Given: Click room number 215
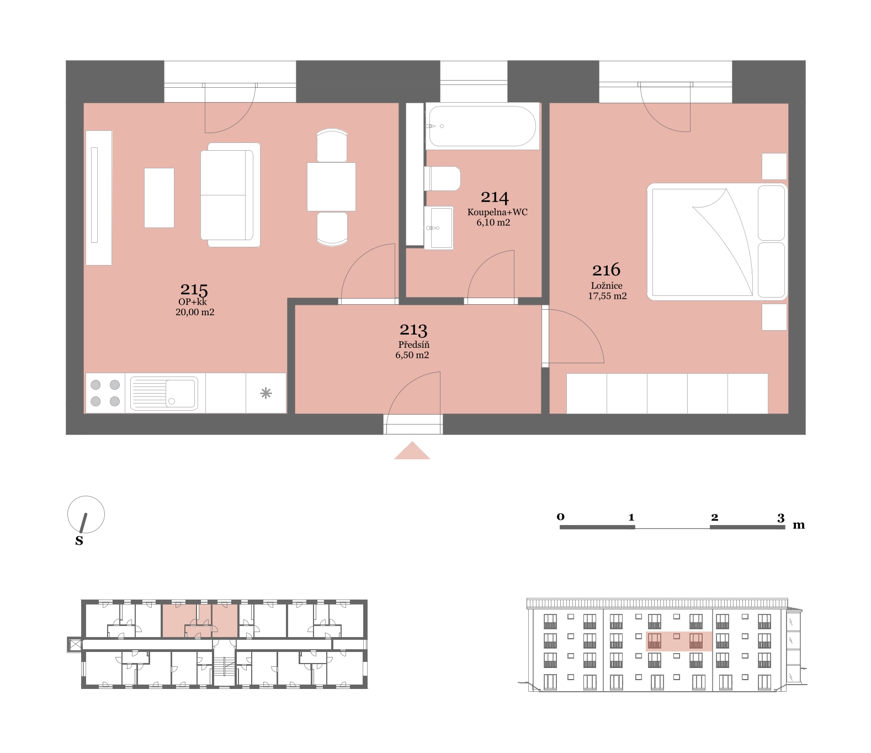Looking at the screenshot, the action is (x=194, y=289).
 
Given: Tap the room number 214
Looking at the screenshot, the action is (x=495, y=197).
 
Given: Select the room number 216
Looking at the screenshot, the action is (x=606, y=270).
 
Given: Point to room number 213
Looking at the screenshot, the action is (x=413, y=330).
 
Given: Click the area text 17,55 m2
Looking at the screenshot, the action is (x=607, y=296).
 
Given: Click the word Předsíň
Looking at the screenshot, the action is (x=414, y=344).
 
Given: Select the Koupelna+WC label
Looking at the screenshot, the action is (x=497, y=212).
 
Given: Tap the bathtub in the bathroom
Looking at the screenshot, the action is (x=482, y=126).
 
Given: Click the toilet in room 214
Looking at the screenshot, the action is (x=443, y=179).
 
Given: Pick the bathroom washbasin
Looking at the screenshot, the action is (x=439, y=228).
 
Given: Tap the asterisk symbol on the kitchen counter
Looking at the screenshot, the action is (x=266, y=393).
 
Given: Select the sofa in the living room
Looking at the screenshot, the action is (x=231, y=195).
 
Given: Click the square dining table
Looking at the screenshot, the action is (x=331, y=187).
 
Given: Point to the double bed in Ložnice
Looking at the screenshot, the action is (x=717, y=241).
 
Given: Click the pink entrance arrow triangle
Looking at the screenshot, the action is (x=412, y=450).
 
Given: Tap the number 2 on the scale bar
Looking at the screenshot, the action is (x=714, y=517).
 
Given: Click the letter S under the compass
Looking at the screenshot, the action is (x=79, y=540).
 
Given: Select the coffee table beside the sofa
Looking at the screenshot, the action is (x=160, y=198).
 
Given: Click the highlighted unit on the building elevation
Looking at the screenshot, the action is (x=679, y=641).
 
